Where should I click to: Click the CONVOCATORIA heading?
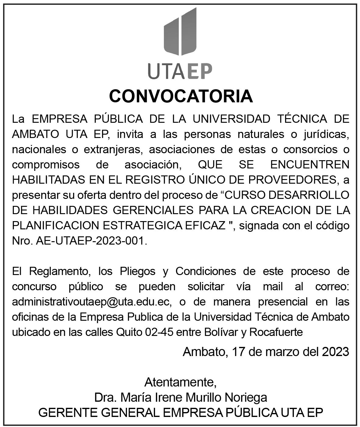pyautogui.click(x=181, y=96)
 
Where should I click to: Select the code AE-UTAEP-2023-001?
pyautogui.click(x=91, y=241)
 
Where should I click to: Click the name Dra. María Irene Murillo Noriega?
pyautogui.click(x=181, y=397)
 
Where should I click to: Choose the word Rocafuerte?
pyautogui.click(x=276, y=332)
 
